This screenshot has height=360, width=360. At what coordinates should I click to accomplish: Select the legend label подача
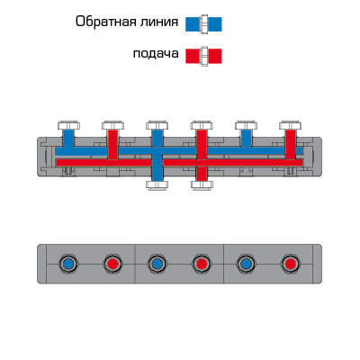click(x=156, y=54)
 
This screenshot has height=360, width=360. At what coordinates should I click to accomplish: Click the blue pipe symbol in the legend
click(x=203, y=24)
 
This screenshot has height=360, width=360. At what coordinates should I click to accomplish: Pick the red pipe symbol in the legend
click(x=203, y=56)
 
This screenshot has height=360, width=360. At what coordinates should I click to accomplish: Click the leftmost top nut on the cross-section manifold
click(x=68, y=125)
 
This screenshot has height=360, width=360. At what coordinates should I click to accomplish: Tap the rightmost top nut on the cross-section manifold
click(x=291, y=125)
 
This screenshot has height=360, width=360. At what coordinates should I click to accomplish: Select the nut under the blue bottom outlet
click(x=157, y=184)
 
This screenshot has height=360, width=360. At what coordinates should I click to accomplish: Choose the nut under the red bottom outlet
click(x=202, y=184)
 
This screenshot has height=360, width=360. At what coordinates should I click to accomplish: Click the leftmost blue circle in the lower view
click(x=68, y=264)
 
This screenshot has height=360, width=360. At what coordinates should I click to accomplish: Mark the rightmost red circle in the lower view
click(x=290, y=264)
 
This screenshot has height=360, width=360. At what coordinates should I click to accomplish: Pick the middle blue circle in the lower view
click(x=157, y=264)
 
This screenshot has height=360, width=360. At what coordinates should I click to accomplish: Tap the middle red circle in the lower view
click(x=202, y=264)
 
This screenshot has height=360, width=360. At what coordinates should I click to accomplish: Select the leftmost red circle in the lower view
click(x=112, y=264)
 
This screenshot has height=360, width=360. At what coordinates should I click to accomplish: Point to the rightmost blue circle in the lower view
click(x=246, y=264)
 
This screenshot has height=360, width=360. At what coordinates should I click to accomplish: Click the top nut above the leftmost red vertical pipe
click(x=112, y=125)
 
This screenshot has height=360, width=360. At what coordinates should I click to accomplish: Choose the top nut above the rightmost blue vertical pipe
click(x=247, y=125)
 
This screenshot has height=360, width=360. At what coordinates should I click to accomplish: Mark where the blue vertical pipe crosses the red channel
click(x=157, y=163)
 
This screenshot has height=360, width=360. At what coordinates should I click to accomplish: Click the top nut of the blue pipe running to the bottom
click(x=157, y=125)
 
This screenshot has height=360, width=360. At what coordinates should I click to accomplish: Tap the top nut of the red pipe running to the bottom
click(x=202, y=125)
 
